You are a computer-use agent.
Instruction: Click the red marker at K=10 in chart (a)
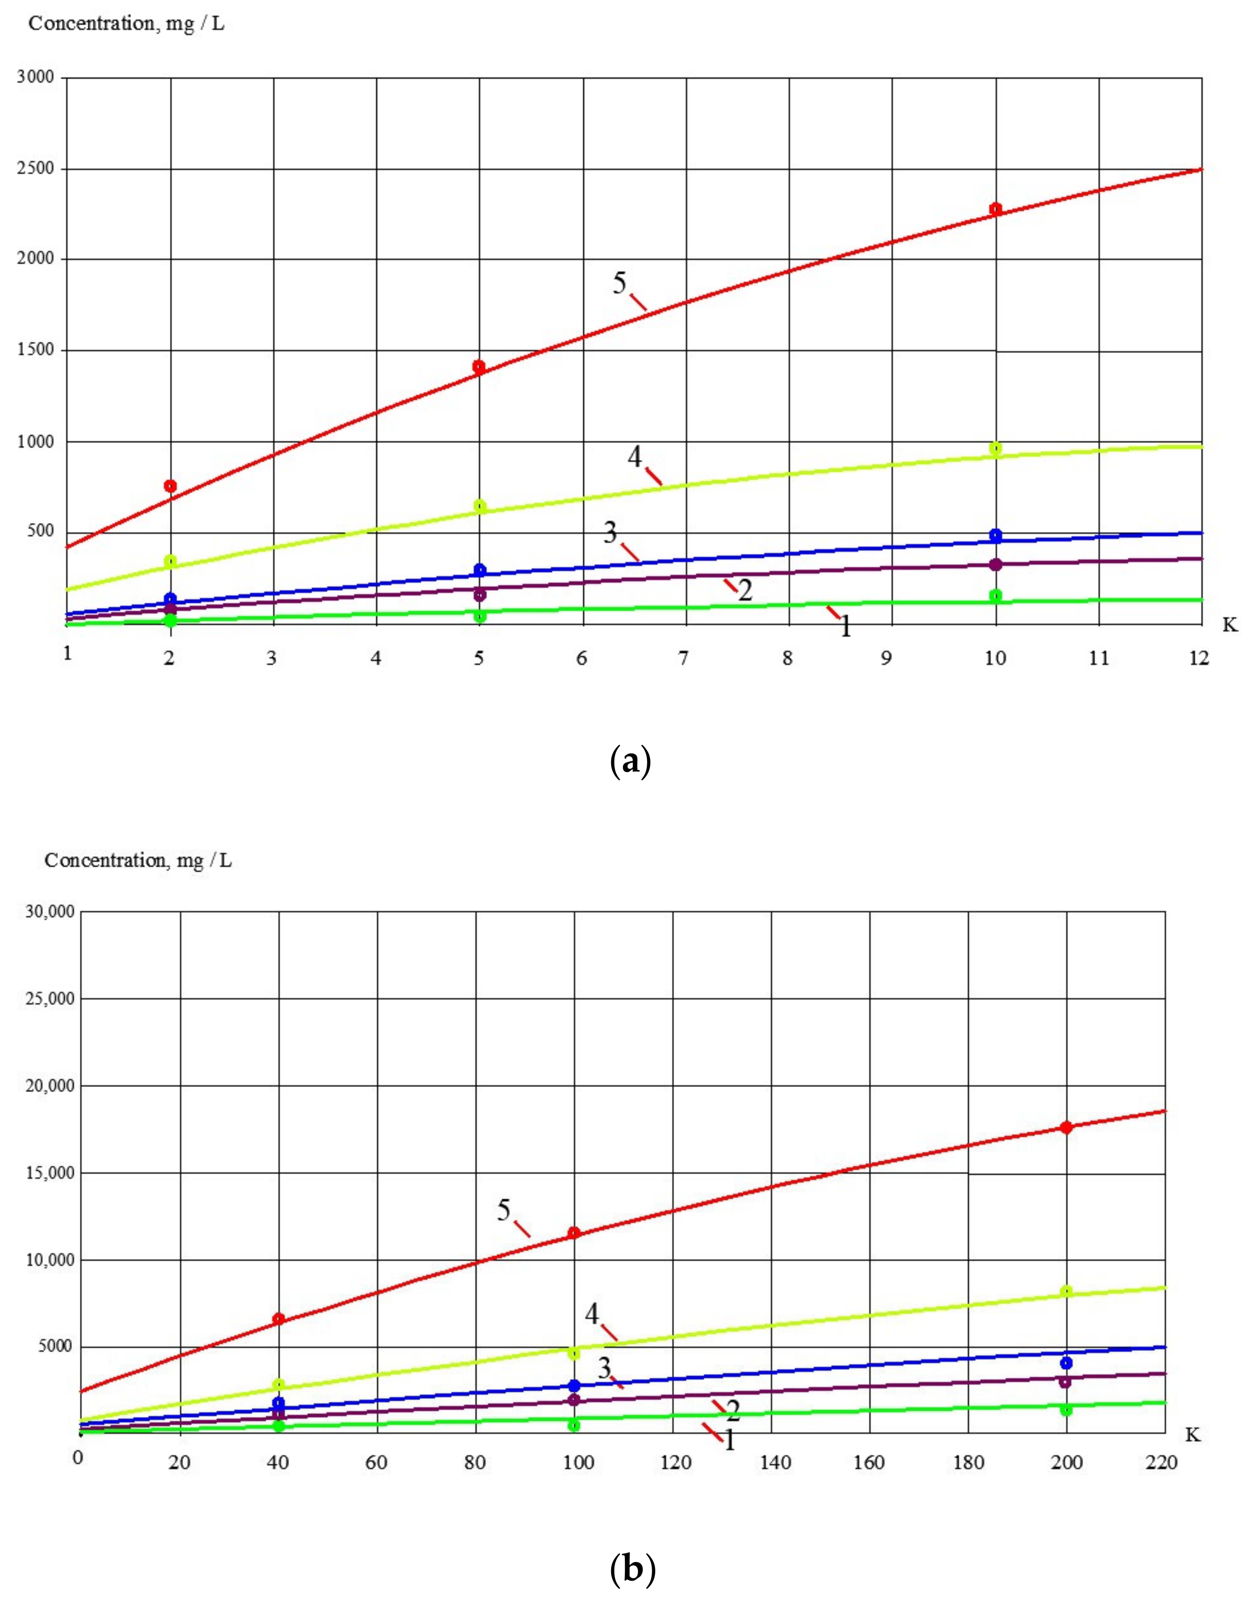995,209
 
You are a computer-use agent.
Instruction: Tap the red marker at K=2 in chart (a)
170,486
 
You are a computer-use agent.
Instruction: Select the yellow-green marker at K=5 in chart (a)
479,506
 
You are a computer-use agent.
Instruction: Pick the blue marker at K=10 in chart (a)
995,535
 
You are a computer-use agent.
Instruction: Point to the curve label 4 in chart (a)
635,457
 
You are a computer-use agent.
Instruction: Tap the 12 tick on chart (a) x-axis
1198,658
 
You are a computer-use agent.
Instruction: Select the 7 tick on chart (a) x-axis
684,658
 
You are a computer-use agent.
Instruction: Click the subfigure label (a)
630,762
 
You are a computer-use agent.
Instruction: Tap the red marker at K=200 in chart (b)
1066,1127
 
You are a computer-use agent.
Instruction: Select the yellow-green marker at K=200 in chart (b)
1066,1291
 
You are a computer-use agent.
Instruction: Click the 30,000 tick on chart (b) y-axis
50,912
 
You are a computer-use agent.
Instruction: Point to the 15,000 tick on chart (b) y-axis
50,1173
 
